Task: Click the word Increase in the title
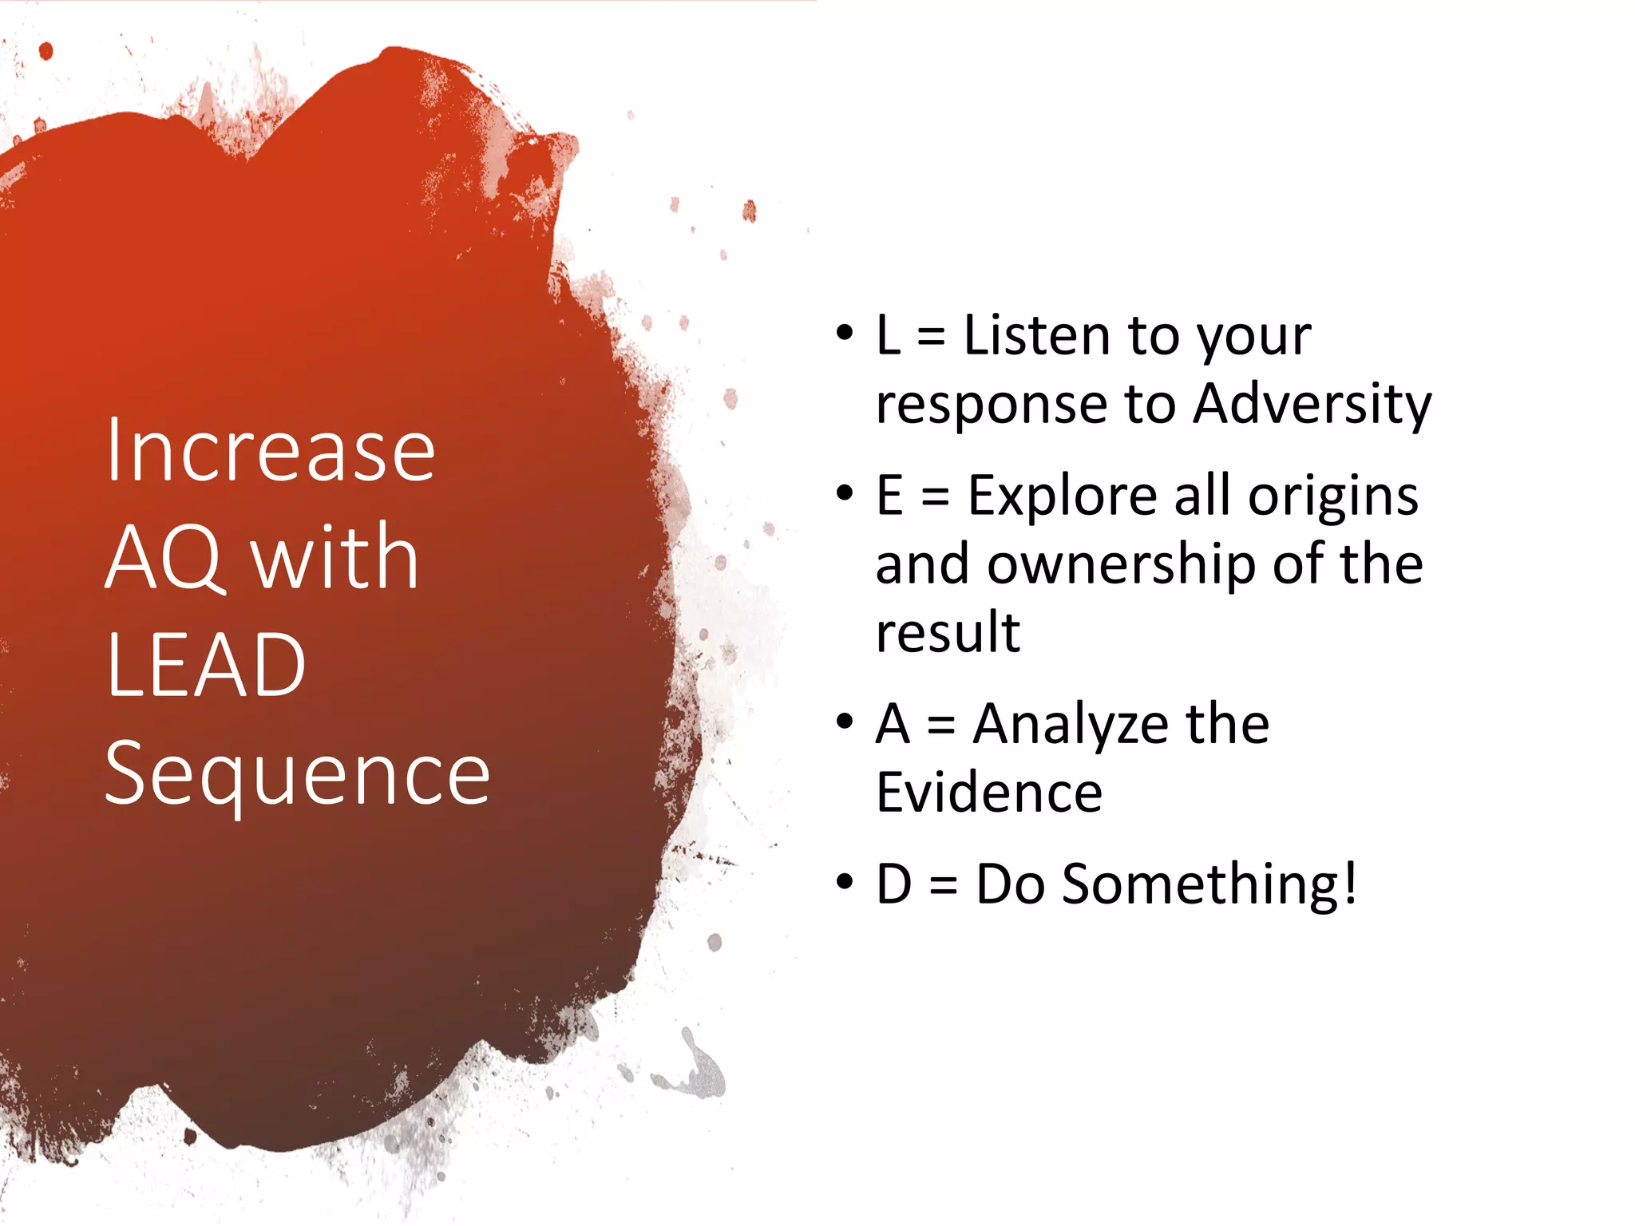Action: (270, 452)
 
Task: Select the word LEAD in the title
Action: (206, 666)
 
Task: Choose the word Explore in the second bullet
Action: (1062, 496)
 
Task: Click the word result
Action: (948, 633)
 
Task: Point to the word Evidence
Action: (989, 793)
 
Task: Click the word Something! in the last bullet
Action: (1209, 884)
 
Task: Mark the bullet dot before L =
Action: (844, 333)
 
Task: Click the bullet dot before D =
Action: (844, 882)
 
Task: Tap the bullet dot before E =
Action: (844, 493)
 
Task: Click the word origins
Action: (1333, 497)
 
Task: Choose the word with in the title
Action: (335, 559)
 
